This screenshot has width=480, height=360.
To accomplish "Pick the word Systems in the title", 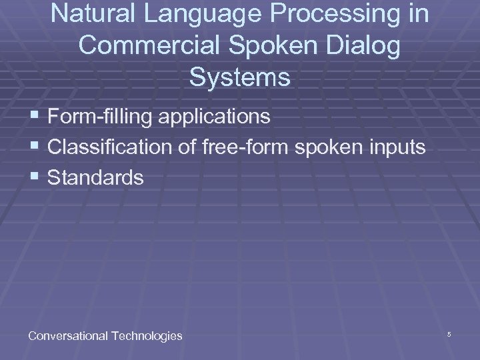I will [240, 77].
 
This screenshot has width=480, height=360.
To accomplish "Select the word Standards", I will [96, 178].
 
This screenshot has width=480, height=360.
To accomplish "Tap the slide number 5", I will [449, 334].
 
